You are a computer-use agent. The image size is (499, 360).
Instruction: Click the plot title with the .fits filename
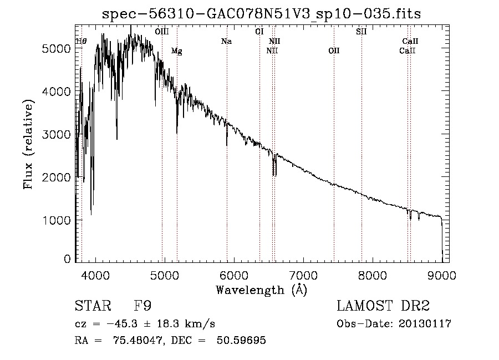261,14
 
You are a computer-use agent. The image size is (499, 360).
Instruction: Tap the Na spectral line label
226,41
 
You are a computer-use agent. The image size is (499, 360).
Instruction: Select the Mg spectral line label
177,51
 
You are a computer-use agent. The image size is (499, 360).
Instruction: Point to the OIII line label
162,32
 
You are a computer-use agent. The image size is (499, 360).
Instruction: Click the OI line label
259,32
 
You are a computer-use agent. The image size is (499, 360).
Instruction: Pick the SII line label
361,32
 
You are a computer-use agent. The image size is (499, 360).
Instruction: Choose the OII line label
334,50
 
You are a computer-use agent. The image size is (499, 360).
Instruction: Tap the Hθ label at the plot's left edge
81,41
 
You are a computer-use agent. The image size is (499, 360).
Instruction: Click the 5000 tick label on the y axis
56,49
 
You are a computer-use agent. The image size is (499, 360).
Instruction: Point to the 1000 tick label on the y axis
56,220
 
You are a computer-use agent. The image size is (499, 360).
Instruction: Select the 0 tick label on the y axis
67,259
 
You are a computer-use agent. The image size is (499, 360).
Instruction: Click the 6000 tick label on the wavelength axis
234,275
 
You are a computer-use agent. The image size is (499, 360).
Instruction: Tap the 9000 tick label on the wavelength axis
442,275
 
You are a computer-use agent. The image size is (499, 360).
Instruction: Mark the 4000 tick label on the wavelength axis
95,275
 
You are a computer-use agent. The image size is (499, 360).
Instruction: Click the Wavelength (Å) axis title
261,290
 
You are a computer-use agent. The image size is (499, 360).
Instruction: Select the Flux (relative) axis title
28,144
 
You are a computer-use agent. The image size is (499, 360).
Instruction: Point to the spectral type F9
142,306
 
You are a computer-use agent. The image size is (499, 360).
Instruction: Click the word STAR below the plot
93,306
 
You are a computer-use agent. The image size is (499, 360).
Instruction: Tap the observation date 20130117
425,324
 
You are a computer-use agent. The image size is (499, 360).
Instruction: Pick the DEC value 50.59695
241,340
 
